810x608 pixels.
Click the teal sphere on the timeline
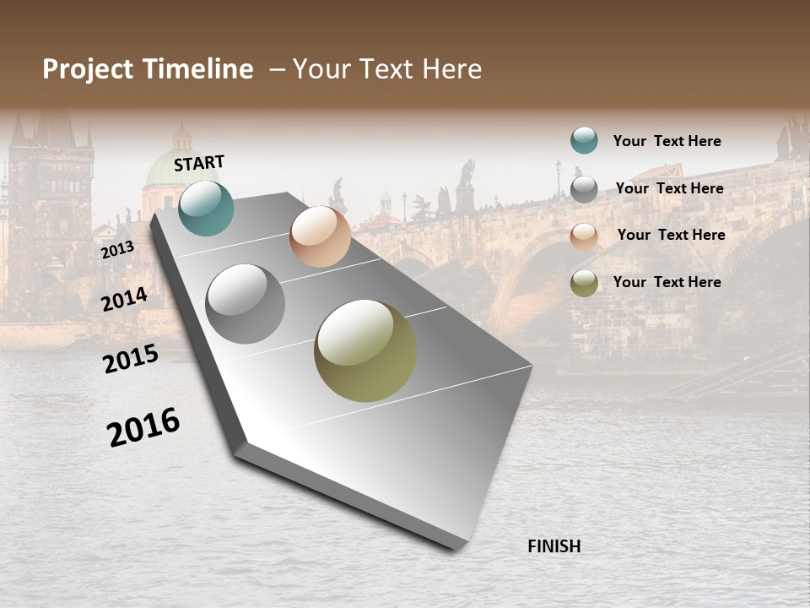tap(206, 208)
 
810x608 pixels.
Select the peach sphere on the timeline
tap(320, 236)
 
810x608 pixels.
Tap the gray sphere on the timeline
tap(246, 304)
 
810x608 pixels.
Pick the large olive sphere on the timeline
tap(365, 350)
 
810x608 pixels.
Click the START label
tap(199, 163)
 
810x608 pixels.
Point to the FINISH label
tap(553, 546)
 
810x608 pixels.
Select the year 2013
tap(117, 250)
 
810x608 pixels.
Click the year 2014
tap(124, 299)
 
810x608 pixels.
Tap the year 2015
tap(131, 359)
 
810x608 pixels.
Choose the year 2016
tap(143, 427)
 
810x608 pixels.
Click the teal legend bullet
tap(584, 140)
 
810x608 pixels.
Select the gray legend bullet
tap(584, 189)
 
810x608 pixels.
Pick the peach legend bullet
tap(584, 236)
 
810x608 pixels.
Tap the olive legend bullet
tap(584, 284)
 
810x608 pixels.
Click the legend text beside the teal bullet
tap(667, 141)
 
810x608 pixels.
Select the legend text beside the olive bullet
tap(667, 282)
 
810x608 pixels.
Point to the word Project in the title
tap(88, 69)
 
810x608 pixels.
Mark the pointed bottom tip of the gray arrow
tap(456, 548)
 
